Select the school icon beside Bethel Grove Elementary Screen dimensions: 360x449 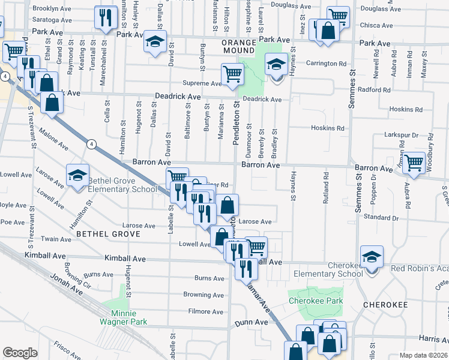[x=77, y=176]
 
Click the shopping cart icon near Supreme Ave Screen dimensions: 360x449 [x=232, y=74]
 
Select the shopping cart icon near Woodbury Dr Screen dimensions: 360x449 [x=414, y=162]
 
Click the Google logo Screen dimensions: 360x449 [x=20, y=353]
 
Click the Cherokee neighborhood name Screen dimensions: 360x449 [x=385, y=305]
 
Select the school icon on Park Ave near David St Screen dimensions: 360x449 [x=155, y=43]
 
